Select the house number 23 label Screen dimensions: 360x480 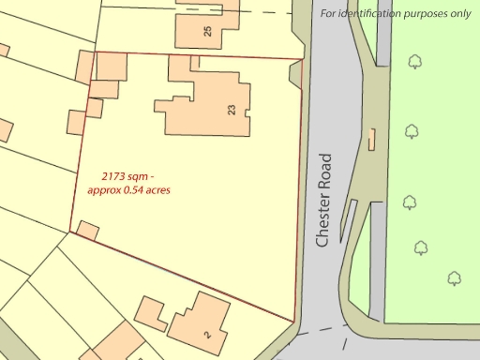coord(232,109)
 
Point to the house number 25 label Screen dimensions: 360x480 coord(207,31)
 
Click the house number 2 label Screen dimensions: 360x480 coord(206,334)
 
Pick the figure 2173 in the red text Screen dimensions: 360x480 coord(115,175)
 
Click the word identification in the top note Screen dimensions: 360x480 coord(368,13)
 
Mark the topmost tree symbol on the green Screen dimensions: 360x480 coord(414,62)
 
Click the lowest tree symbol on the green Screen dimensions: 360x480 coord(455,277)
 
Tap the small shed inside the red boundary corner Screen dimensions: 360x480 coord(88,230)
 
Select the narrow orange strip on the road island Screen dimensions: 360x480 coord(372,140)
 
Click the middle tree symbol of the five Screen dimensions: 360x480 coord(410,202)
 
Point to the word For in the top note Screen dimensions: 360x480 coord(328,13)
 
